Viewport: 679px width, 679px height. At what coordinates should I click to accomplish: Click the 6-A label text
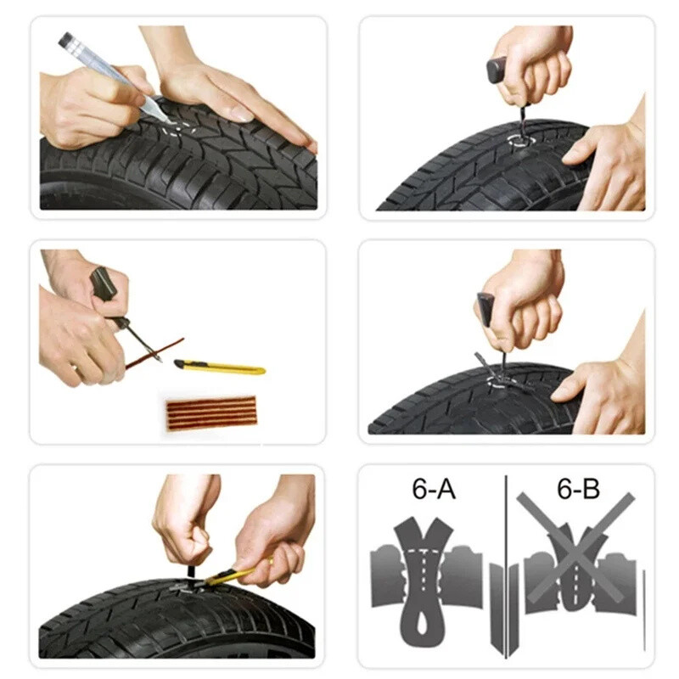tap(432, 491)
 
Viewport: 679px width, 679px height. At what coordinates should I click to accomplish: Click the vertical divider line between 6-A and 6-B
tap(506, 560)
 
